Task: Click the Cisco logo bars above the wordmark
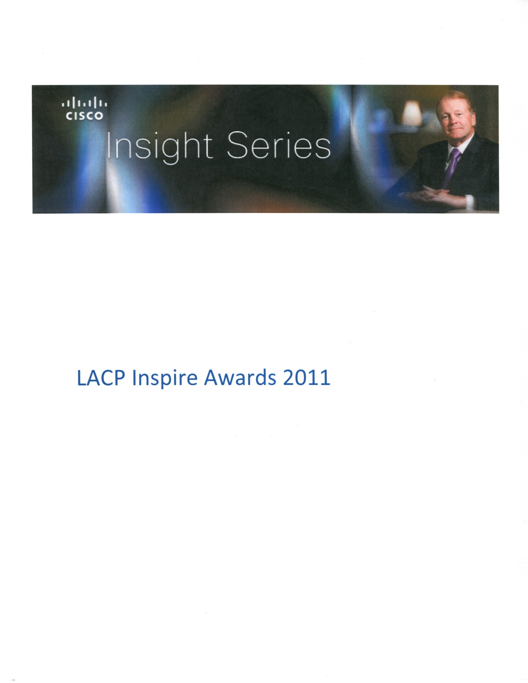click(x=84, y=103)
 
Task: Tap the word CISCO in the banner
click(x=84, y=116)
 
